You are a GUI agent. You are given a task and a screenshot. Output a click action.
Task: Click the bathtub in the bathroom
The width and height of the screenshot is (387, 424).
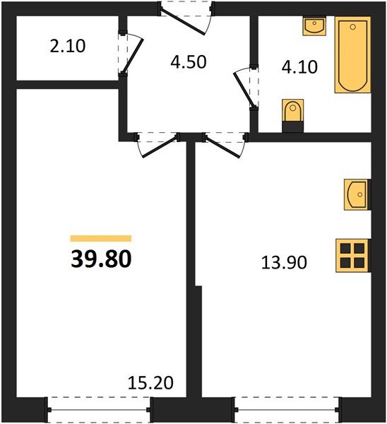(x=352, y=56)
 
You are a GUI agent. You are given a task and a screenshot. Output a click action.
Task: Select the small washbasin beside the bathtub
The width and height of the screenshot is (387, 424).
(x=314, y=26)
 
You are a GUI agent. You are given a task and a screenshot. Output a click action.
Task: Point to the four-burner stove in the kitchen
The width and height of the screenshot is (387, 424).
(x=352, y=255)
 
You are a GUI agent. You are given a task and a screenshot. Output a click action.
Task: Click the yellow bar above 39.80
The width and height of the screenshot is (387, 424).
(x=100, y=239)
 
